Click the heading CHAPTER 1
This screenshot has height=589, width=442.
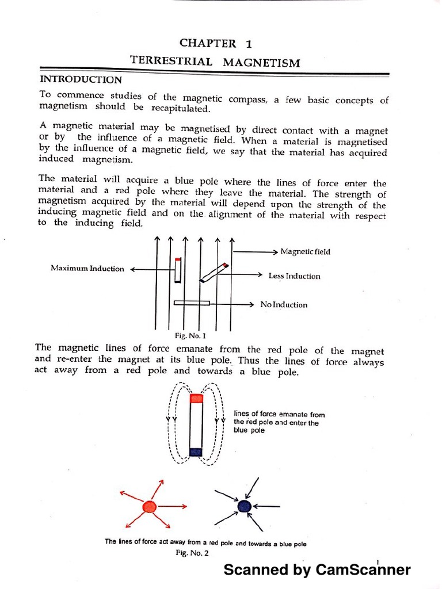click(215, 43)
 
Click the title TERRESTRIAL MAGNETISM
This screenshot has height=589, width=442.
click(215, 62)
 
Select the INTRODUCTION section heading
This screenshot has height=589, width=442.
click(81, 80)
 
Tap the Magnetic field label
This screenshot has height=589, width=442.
click(305, 251)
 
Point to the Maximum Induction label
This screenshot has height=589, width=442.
click(87, 269)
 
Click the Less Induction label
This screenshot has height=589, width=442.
click(294, 276)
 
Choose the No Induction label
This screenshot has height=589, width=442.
click(284, 305)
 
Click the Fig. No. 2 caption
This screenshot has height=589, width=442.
click(192, 553)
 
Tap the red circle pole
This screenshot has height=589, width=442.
click(149, 507)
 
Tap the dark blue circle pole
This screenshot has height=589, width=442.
click(244, 506)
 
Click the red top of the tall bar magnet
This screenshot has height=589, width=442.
click(196, 398)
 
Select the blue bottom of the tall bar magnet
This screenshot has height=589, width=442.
click(196, 452)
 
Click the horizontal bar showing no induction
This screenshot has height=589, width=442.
click(192, 302)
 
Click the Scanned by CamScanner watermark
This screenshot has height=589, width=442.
click(317, 570)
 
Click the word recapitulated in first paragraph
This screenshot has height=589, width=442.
click(174, 108)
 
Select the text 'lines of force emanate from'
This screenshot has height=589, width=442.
click(279, 414)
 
